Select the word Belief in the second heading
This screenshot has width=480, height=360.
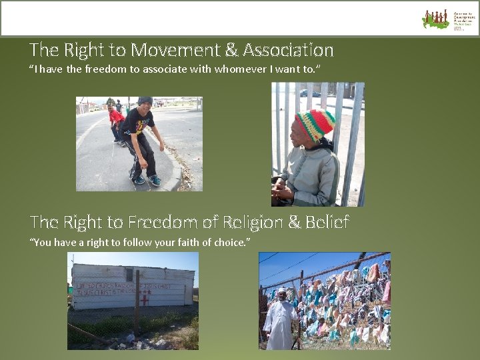tap(327, 222)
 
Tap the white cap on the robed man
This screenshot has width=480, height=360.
tap(281, 292)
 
